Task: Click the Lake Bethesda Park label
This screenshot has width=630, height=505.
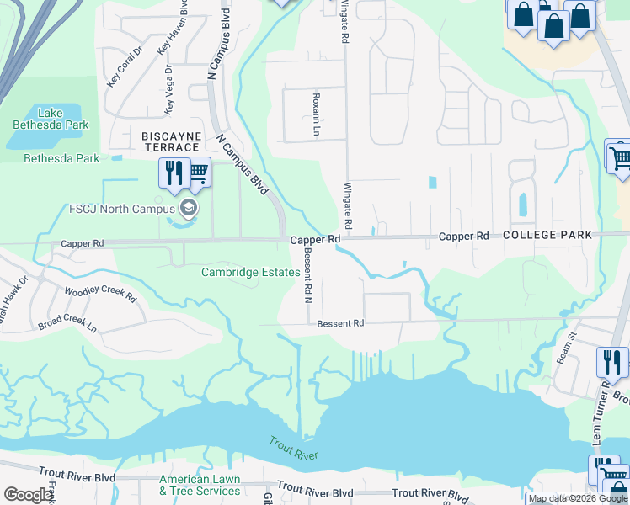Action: click(51, 118)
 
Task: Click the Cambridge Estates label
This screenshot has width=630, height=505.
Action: click(250, 272)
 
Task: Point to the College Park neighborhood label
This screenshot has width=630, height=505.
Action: click(548, 236)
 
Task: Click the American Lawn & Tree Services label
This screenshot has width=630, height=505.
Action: click(200, 485)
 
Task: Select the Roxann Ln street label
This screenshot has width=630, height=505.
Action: click(318, 114)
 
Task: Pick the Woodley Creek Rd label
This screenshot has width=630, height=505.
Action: click(101, 294)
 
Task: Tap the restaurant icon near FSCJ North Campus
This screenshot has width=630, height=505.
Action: click(173, 173)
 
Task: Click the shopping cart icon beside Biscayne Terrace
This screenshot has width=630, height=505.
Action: click(198, 173)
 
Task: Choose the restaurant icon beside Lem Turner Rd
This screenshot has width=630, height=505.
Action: click(612, 362)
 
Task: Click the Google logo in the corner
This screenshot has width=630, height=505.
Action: click(29, 495)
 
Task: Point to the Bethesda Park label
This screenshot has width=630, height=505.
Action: click(61, 158)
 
